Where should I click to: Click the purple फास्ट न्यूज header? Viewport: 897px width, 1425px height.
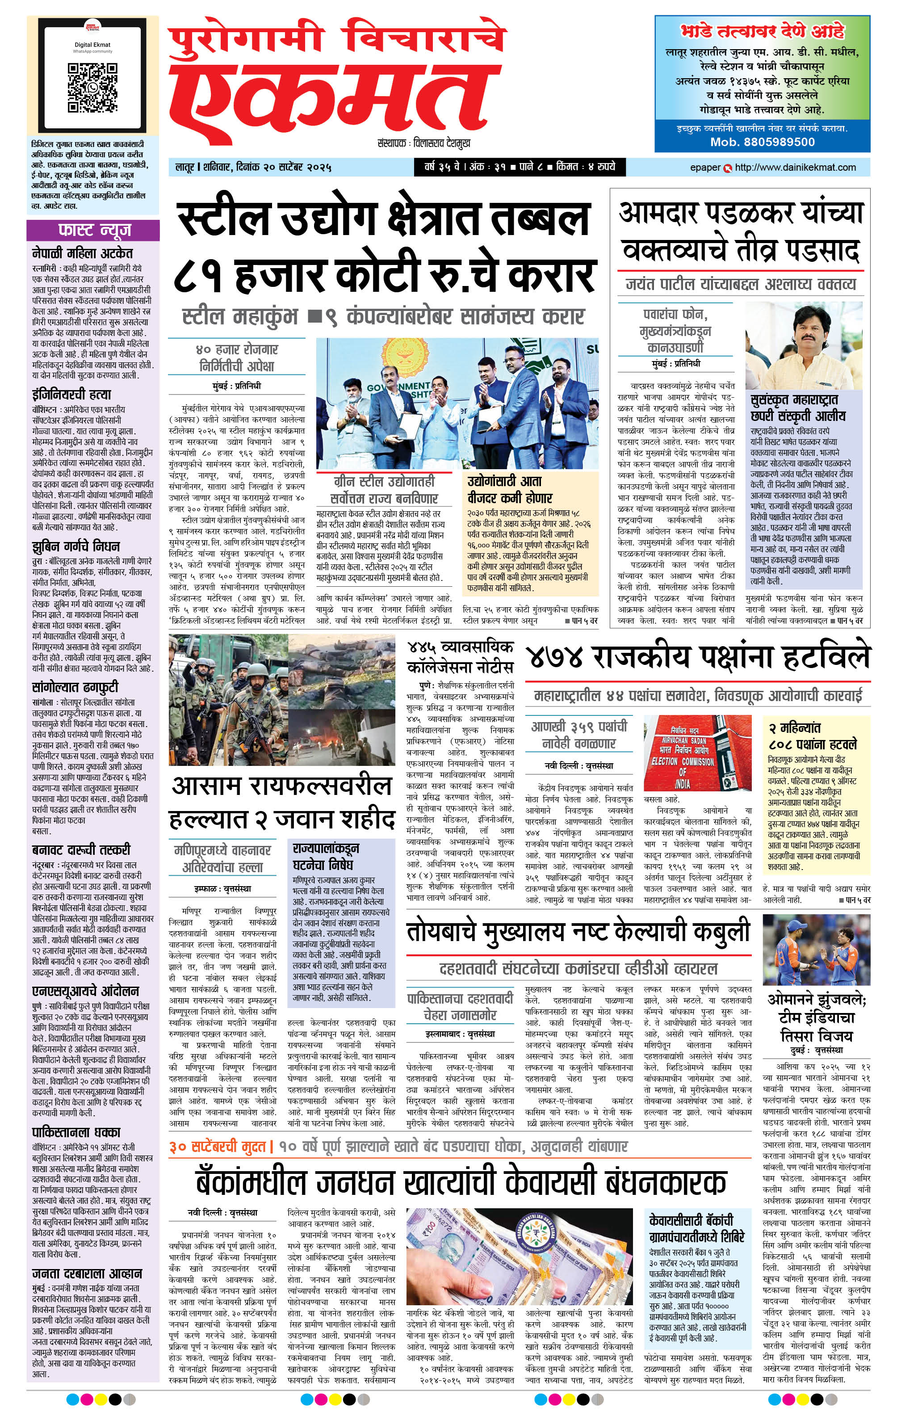click(93, 230)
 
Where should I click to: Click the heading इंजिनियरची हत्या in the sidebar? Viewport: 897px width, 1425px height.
click(71, 394)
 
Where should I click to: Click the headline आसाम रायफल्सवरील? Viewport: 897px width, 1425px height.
click(281, 786)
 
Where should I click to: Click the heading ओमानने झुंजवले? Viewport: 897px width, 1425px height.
click(816, 1000)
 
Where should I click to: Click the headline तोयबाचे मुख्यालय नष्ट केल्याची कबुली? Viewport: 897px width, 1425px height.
click(578, 932)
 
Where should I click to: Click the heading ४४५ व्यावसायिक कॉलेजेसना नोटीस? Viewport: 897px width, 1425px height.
click(460, 657)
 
